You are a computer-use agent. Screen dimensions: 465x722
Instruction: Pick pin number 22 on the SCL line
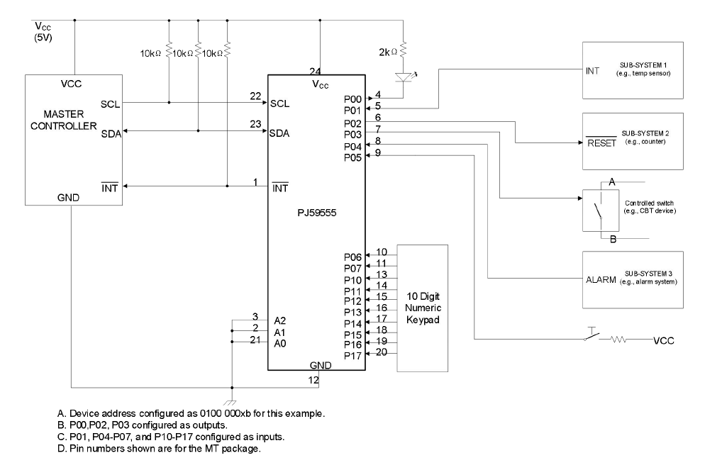click(255, 96)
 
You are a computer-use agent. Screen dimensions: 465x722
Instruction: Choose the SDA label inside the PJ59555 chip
click(279, 133)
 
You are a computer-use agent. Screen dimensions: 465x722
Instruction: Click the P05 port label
click(352, 157)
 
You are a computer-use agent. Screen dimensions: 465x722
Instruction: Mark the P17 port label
click(352, 355)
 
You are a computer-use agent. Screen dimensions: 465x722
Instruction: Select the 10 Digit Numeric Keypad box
click(422, 308)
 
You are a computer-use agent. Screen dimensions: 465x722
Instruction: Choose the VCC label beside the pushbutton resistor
click(665, 341)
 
